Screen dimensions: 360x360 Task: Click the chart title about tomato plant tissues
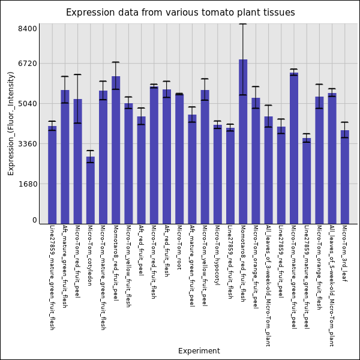click(180, 13)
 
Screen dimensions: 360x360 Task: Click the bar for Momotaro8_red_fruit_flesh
click(243, 142)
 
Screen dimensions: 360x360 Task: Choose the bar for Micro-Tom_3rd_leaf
click(344, 177)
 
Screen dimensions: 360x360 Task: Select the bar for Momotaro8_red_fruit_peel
click(116, 150)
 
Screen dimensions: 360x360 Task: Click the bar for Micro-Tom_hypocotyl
click(217, 174)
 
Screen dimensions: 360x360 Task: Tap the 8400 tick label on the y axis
click(28, 28)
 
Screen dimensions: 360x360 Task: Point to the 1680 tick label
click(28, 184)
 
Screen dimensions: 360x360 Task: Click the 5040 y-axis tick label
click(28, 104)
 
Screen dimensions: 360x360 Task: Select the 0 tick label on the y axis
click(35, 220)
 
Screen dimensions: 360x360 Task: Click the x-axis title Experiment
click(199, 351)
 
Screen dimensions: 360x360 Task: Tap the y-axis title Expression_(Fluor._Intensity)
click(11, 123)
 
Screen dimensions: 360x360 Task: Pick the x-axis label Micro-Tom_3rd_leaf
click(344, 253)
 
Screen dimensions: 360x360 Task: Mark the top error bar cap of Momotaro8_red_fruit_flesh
click(243, 24)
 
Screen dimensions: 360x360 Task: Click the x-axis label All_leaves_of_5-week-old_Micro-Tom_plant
click(332, 286)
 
